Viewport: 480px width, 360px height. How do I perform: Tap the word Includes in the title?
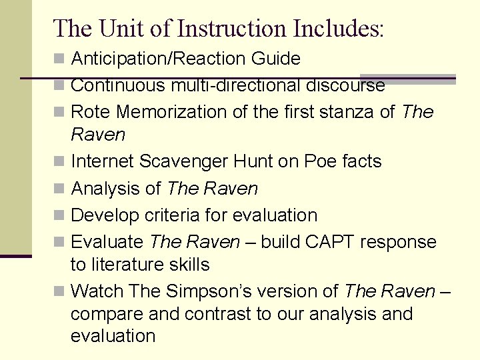338,28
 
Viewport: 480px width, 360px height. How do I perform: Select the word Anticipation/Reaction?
159,59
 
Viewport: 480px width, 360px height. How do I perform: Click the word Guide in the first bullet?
276,59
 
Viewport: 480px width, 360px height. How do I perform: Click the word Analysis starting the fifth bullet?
106,189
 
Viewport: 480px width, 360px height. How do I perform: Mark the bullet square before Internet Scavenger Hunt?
59,162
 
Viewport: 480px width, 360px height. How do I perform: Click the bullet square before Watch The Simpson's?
59,292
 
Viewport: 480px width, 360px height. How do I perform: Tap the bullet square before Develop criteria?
59,216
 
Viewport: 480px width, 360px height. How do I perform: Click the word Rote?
89,112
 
